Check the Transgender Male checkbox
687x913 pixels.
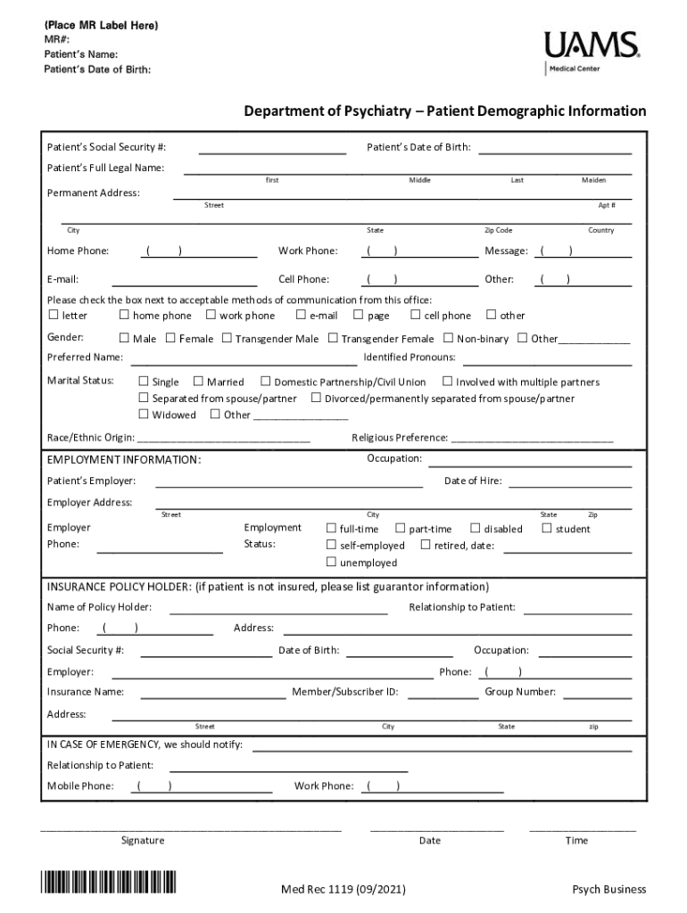tap(228, 339)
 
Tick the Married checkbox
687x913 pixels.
tap(199, 382)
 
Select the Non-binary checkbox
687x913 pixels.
tap(449, 339)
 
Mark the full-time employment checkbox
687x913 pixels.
tap(332, 529)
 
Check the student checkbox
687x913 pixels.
tap(547, 529)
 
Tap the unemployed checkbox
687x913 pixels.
tap(332, 563)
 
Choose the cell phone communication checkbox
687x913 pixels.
tap(416, 315)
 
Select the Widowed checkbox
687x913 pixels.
tap(144, 415)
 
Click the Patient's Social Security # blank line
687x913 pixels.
tap(271, 152)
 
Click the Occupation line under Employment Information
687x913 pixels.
tap(530, 464)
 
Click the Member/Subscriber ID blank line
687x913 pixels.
tap(443, 697)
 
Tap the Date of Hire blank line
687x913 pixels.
tap(569, 486)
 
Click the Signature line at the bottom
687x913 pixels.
tap(191, 829)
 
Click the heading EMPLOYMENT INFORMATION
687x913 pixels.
tap(124, 460)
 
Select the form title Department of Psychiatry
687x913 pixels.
tap(445, 111)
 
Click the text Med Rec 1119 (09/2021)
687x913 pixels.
tap(334, 889)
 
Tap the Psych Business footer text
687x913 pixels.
tap(608, 889)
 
